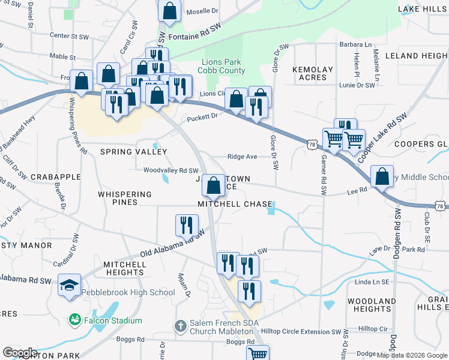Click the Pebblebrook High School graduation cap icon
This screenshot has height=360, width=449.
(70, 284)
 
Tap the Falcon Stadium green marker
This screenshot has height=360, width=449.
(75, 320)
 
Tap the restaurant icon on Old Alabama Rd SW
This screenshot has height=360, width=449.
(187, 225)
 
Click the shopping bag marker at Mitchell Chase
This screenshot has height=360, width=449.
(213, 184)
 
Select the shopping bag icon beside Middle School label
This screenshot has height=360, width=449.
(382, 176)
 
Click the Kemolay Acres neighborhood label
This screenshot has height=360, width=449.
(313, 73)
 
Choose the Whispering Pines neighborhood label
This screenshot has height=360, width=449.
(125, 199)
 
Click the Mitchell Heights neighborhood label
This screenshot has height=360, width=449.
(123, 268)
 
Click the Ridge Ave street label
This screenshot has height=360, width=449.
(242, 157)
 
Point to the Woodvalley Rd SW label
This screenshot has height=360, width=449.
(170, 170)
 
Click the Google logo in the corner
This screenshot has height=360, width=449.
(20, 352)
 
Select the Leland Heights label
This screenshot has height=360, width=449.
(421, 56)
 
